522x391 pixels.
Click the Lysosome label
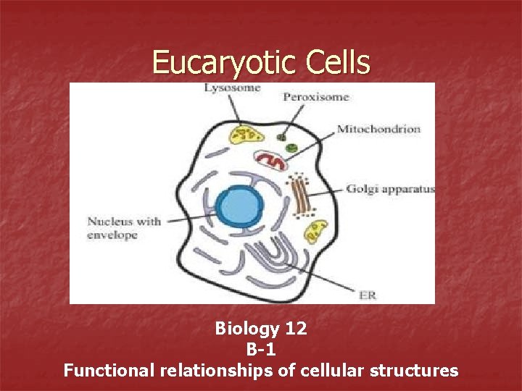(232, 88)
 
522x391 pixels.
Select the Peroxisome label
(316, 96)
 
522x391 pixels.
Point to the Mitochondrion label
(378, 129)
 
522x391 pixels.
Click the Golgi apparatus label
(390, 189)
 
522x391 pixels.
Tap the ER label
(368, 295)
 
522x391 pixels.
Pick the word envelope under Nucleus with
(112, 235)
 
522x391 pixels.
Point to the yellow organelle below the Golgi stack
(315, 232)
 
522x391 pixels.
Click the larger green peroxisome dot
(291, 148)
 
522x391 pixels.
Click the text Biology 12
(261, 329)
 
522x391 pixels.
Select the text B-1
(261, 350)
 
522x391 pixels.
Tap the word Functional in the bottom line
(109, 371)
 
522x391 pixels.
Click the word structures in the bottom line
(414, 371)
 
